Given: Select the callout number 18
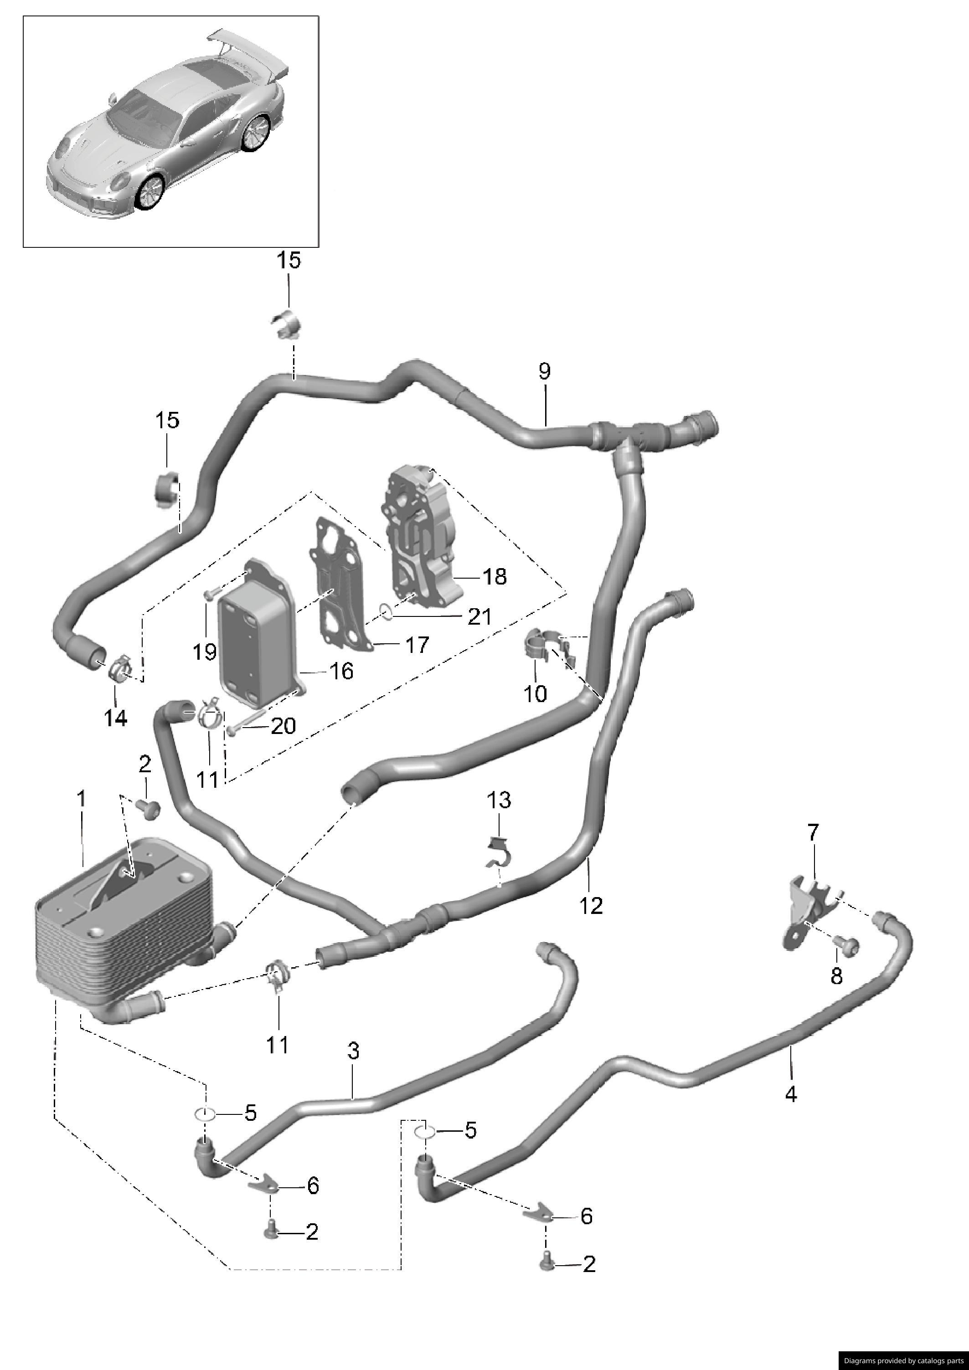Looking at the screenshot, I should point(495,577).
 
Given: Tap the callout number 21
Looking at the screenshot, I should point(479,616).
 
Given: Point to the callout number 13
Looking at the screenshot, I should point(499,800).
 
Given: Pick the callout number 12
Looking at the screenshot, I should point(591,906).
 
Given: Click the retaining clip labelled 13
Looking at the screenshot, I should point(499,853).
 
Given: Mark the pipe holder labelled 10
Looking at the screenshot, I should point(540,644).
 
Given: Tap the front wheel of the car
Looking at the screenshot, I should point(149,194).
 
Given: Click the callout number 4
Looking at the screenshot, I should point(791,1094).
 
